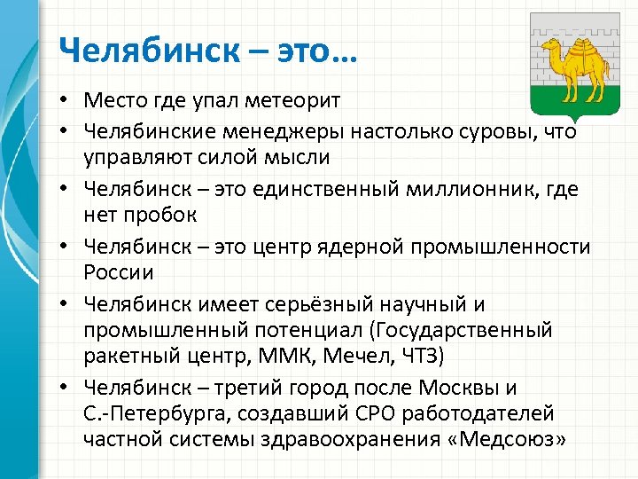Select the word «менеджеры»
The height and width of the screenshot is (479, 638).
(x=284, y=131)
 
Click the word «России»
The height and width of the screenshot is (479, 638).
(x=119, y=271)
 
